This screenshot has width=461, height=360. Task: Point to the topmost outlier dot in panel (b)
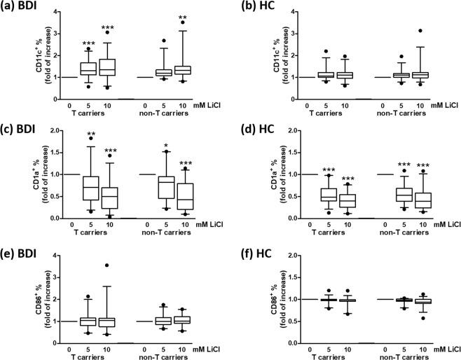[422, 31]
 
